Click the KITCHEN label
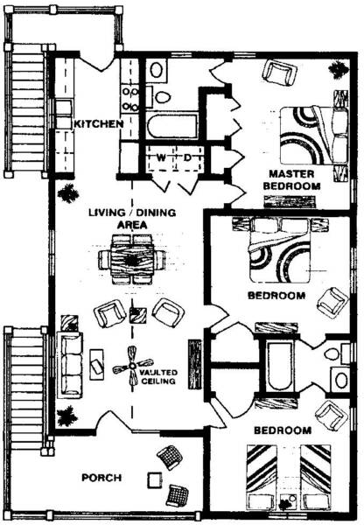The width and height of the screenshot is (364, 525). [x=99, y=124]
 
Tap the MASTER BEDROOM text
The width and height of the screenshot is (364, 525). [x=291, y=179]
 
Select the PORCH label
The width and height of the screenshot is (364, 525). [x=101, y=478]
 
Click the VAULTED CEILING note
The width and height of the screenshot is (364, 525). [x=158, y=376]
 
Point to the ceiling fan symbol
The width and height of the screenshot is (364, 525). [x=132, y=366]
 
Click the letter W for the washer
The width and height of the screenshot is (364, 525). [x=161, y=157]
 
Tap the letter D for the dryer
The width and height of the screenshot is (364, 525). [x=187, y=157]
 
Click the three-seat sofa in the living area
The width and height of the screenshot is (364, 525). [x=70, y=364]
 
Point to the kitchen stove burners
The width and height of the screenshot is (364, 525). [x=129, y=99]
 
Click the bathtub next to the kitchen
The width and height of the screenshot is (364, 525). [x=172, y=126]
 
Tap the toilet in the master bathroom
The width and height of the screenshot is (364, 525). [x=162, y=97]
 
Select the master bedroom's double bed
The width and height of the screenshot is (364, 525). [x=314, y=136]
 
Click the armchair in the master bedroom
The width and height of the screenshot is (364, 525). [x=279, y=73]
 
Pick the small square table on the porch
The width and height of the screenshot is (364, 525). [x=155, y=480]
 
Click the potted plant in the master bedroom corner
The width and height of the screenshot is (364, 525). [x=339, y=69]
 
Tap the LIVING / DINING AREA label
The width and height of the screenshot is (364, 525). [x=132, y=218]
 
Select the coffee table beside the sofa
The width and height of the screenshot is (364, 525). [x=96, y=364]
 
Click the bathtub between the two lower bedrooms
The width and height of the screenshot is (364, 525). [x=279, y=365]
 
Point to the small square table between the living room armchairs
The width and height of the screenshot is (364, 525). [x=138, y=315]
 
